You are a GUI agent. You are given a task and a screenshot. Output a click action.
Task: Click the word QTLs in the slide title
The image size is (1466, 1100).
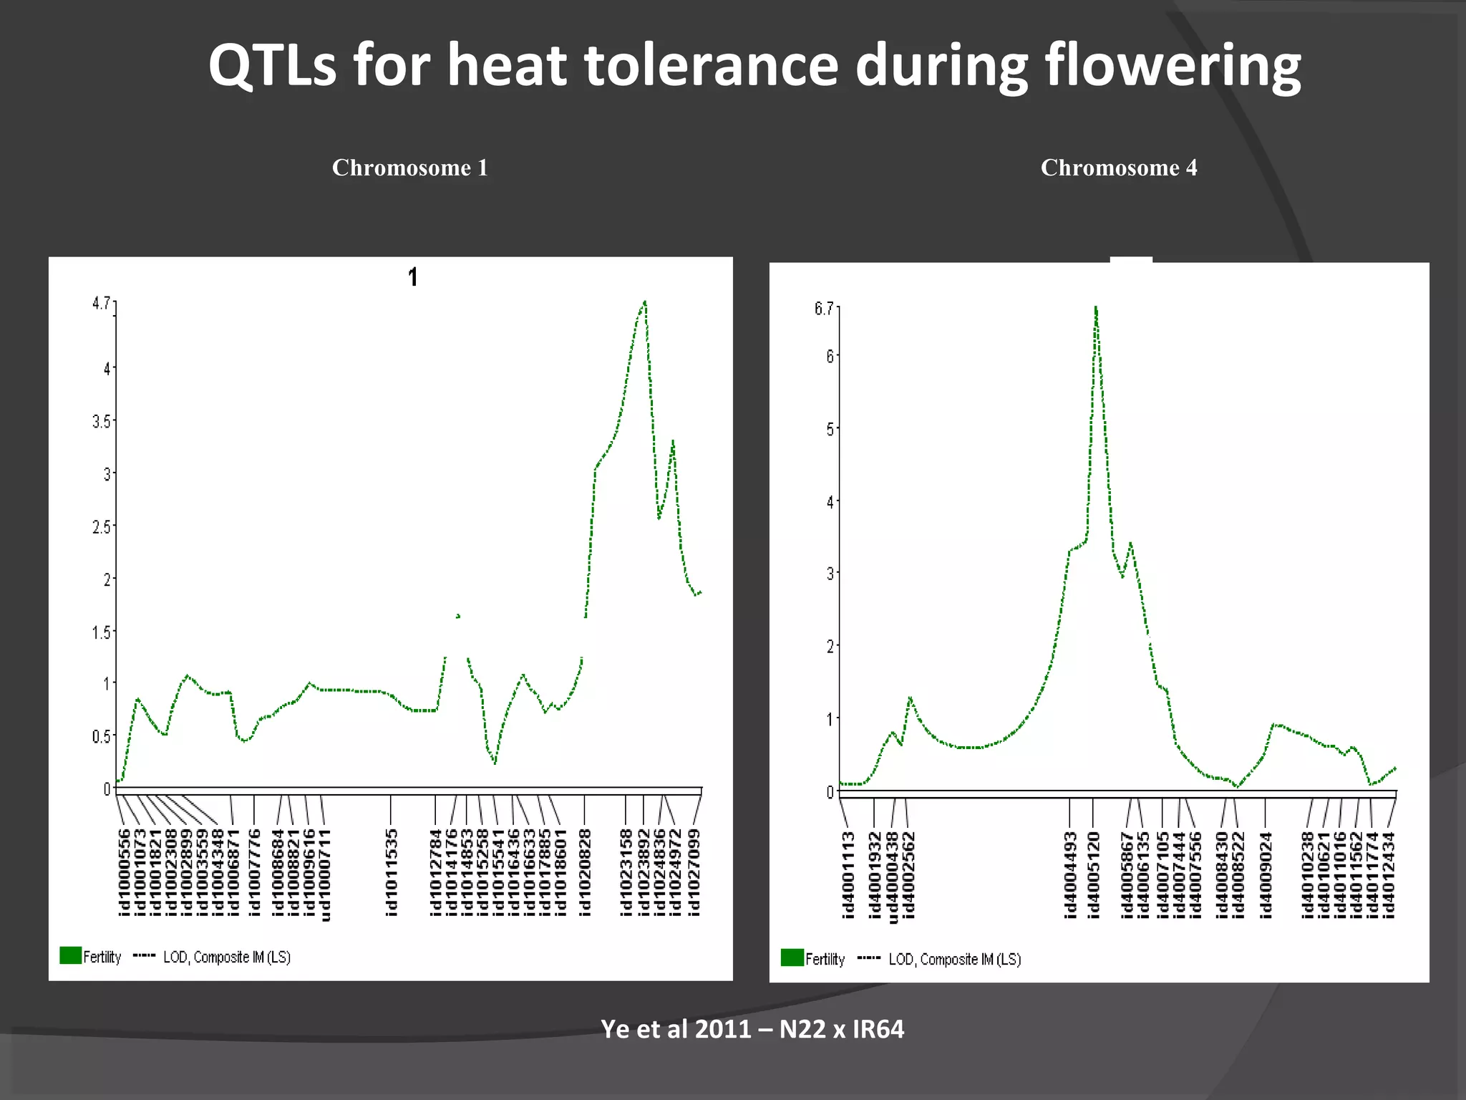point(272,66)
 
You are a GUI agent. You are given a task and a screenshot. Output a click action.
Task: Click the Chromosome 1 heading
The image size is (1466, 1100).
point(409,168)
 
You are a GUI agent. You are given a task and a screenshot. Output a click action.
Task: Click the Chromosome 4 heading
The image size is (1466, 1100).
point(1118,168)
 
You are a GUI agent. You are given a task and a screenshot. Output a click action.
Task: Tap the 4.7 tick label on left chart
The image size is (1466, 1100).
point(101,304)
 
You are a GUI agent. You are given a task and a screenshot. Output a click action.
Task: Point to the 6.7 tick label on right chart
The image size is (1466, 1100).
point(824,309)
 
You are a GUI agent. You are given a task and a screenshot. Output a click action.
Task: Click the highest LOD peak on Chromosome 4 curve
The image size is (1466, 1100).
point(1095,309)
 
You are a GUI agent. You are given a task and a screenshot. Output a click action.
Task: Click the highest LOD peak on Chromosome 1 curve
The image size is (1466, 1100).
point(645,302)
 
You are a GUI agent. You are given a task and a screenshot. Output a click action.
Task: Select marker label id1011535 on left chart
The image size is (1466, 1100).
point(391,872)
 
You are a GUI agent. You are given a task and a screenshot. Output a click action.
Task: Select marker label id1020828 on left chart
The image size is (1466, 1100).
point(585,872)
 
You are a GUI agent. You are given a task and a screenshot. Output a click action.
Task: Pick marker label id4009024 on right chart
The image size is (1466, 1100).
point(1266,874)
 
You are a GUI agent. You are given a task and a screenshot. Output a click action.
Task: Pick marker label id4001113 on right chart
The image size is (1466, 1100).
point(848,874)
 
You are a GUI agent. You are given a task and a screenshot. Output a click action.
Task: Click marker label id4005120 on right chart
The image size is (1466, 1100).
point(1093,874)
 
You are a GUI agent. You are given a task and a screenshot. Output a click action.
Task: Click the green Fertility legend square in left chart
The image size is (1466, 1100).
point(70,955)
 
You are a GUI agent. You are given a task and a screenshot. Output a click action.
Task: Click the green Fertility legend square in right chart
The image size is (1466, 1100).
point(792,957)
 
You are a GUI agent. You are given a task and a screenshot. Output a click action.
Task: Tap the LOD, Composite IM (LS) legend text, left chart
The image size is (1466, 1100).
point(226,957)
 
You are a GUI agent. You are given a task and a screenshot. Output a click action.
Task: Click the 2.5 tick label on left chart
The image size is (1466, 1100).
point(102,526)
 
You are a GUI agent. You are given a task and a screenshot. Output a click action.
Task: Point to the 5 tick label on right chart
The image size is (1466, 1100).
point(830,429)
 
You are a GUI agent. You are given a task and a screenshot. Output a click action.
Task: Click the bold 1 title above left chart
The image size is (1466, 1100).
point(413,277)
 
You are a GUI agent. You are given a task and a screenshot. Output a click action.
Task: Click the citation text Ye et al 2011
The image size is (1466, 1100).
point(676,1029)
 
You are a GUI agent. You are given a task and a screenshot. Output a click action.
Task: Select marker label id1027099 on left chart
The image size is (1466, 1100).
point(694,872)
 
